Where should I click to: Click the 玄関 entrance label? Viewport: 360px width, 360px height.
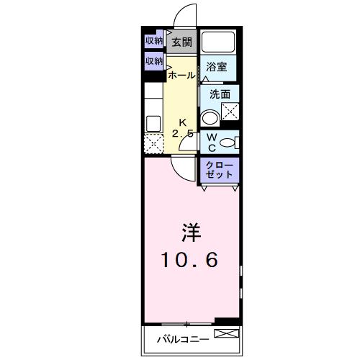[181, 42]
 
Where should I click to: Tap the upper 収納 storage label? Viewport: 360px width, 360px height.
[153, 41]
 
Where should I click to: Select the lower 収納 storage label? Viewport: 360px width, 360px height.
[153, 62]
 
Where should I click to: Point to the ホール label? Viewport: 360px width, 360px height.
[181, 75]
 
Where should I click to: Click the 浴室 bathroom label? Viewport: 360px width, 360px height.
[217, 67]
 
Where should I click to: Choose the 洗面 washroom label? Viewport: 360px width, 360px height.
[220, 94]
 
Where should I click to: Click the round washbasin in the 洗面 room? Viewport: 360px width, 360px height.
[210, 117]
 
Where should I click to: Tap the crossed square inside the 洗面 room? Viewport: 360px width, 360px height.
[230, 112]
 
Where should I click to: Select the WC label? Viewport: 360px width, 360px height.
[212, 141]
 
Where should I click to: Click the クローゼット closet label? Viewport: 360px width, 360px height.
[219, 170]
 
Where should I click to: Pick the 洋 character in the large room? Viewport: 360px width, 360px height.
[190, 233]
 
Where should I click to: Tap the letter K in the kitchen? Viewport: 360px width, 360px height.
[182, 121]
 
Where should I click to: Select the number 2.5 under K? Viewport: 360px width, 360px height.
[182, 134]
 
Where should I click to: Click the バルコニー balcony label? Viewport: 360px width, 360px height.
[184, 337]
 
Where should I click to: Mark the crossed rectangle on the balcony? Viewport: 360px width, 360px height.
[224, 333]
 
